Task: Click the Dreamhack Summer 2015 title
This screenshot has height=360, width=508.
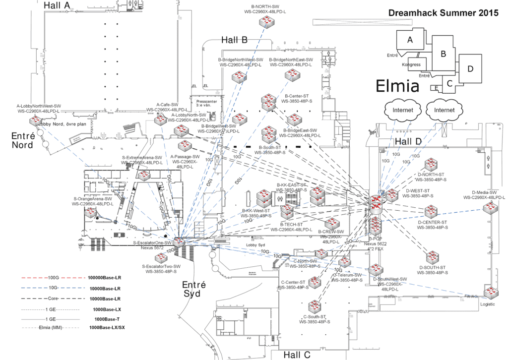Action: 443,13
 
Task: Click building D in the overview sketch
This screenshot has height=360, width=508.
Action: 470,68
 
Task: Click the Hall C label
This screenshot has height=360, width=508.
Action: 297,355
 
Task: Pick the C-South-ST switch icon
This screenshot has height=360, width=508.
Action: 314,306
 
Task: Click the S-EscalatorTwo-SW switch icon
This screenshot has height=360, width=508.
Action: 162,258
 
